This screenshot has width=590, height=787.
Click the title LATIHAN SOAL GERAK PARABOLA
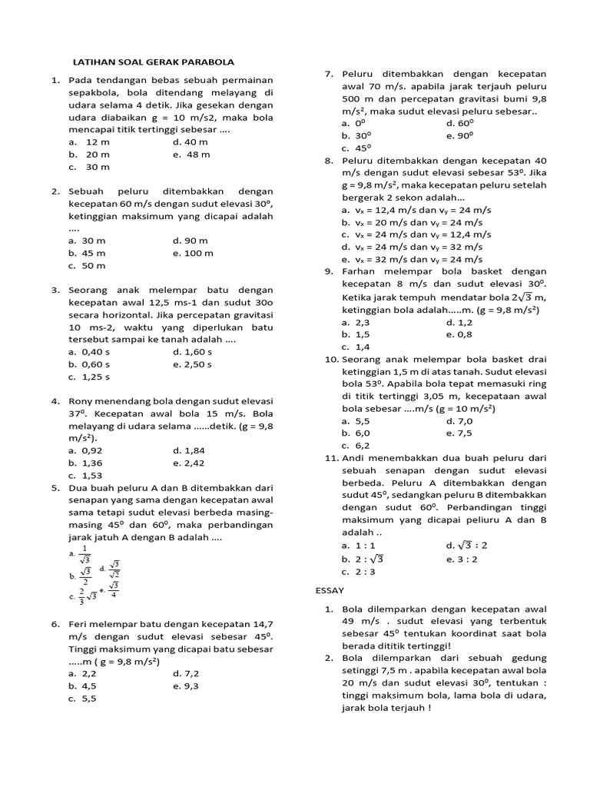pyautogui.click(x=152, y=62)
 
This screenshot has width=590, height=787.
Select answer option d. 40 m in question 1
pyautogui.click(x=191, y=142)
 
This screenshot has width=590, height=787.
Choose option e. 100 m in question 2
pyautogui.click(x=193, y=253)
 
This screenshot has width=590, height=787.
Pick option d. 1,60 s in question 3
pyautogui.click(x=192, y=352)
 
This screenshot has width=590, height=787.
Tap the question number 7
pyautogui.click(x=328, y=74)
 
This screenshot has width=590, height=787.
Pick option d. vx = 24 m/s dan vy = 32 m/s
pyautogui.click(x=412, y=247)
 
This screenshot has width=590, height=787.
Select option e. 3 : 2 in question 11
pyautogui.click(x=462, y=559)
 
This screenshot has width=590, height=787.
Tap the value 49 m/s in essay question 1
pyautogui.click(x=361, y=621)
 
